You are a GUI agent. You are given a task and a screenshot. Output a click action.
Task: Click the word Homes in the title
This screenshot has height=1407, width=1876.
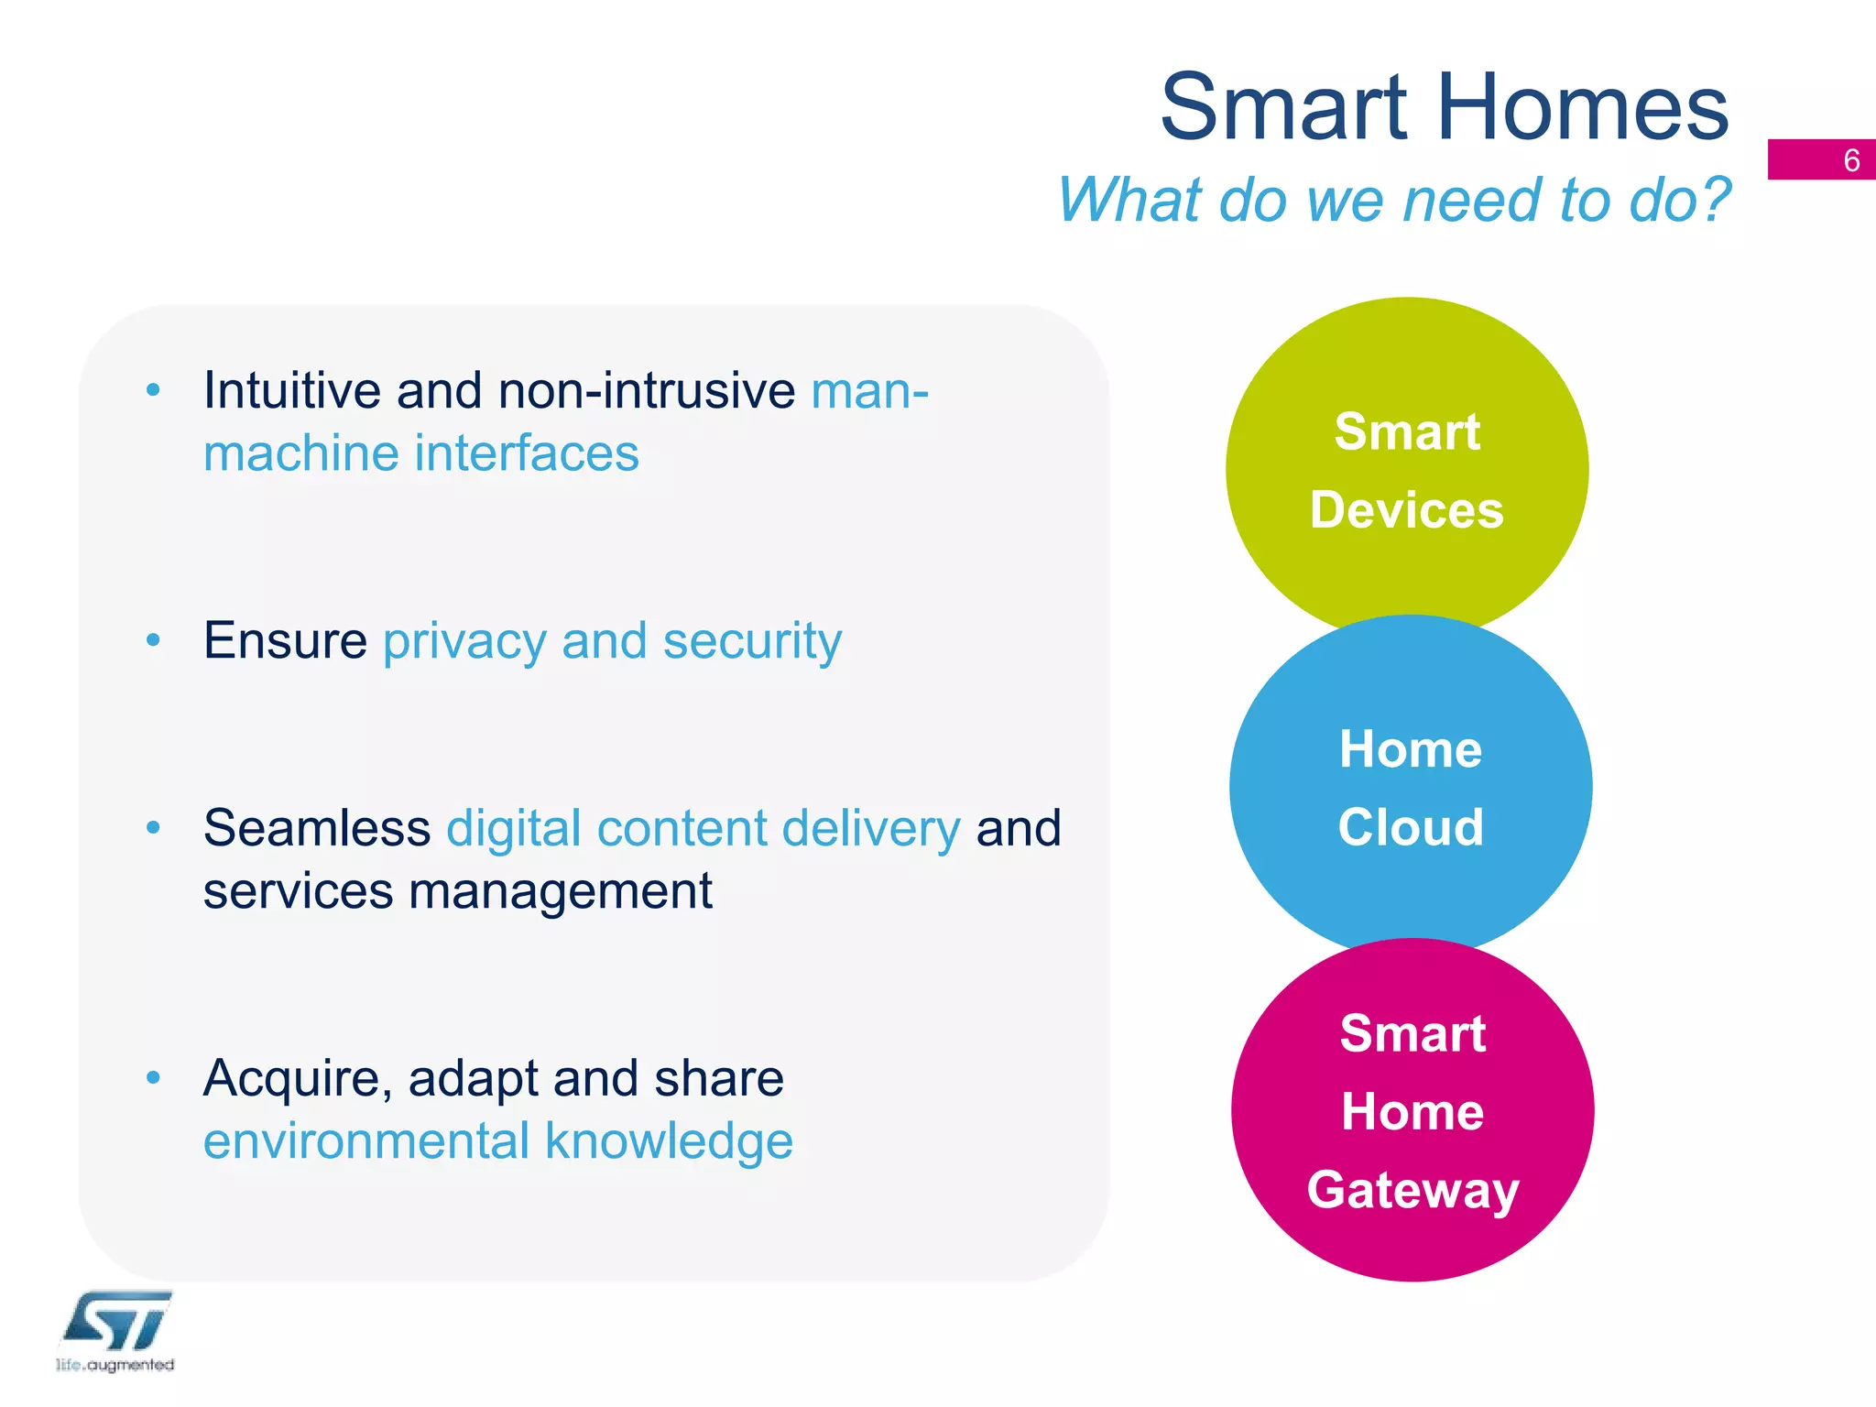1583,108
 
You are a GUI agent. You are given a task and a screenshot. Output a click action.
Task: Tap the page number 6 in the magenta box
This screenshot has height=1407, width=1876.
1851,161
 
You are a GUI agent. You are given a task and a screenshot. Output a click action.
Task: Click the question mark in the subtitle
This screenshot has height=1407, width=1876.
1710,200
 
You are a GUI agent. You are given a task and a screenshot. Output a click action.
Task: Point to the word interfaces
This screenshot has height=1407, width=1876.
526,453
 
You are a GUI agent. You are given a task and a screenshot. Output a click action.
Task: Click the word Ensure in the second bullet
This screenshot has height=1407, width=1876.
285,640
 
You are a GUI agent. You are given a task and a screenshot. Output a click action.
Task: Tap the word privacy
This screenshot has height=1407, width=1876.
464,642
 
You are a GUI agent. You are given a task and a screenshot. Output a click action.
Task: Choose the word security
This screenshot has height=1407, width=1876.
751,642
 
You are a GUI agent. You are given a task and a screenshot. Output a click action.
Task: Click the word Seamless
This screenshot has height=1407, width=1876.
316,828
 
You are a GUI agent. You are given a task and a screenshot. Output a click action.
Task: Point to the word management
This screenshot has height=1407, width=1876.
560,892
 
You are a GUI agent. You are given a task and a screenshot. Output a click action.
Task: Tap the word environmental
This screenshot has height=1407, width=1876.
366,1141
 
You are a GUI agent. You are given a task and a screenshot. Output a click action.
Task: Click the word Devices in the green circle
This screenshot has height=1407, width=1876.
1406,510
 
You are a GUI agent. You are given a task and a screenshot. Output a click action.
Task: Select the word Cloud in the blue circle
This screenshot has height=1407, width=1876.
1410,827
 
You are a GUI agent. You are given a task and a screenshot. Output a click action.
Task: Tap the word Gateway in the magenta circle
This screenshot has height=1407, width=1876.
1412,1190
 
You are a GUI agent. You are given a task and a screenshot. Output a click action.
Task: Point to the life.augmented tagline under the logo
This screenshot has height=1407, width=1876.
115,1365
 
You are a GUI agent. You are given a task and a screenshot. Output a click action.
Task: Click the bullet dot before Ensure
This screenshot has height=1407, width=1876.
153,640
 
